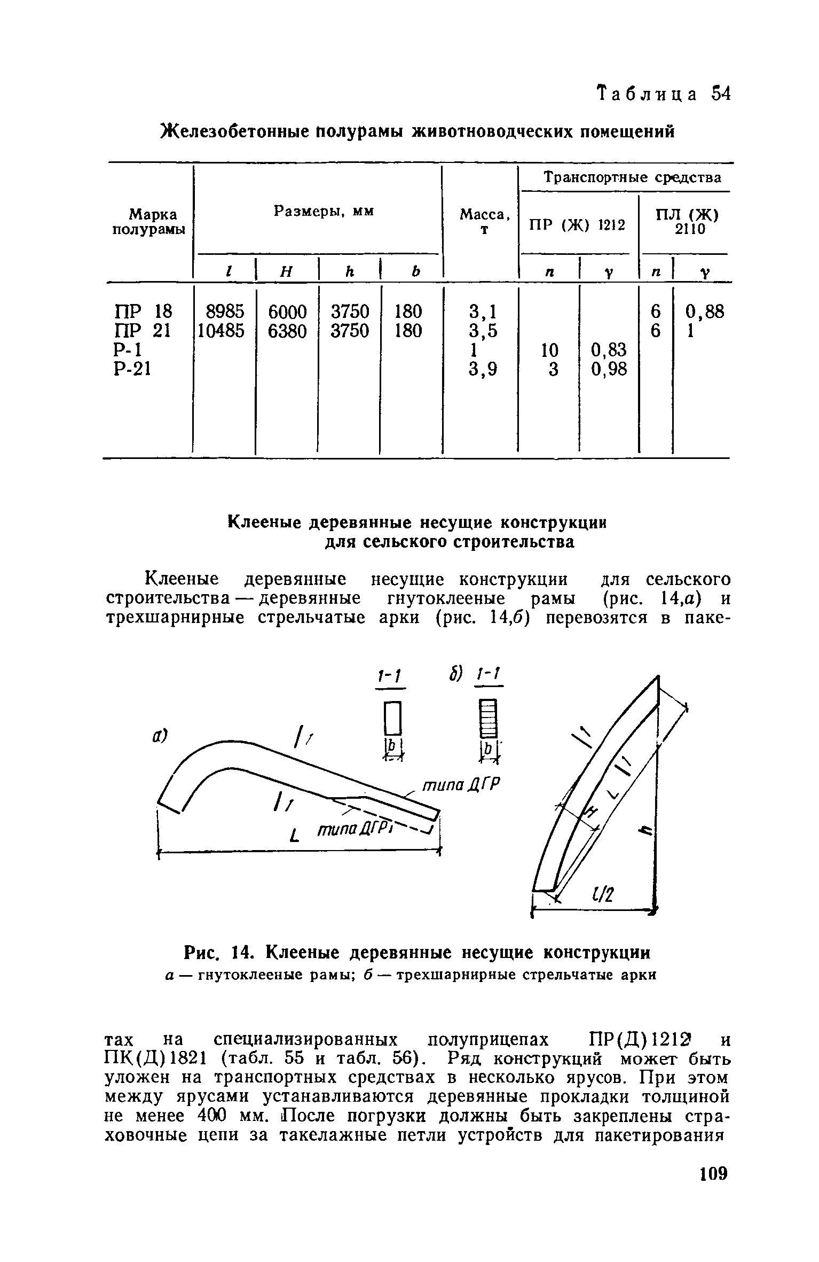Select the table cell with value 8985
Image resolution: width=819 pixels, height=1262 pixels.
click(221, 311)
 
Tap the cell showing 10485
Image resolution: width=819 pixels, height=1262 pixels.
click(221, 332)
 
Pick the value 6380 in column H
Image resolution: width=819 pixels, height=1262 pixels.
click(287, 332)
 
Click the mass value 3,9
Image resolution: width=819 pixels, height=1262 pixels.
click(483, 369)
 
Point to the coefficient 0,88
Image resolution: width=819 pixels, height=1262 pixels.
click(705, 311)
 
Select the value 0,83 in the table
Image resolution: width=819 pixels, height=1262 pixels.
click(609, 350)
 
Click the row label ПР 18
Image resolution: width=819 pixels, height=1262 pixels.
click(144, 311)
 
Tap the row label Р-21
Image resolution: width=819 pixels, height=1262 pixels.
click(132, 369)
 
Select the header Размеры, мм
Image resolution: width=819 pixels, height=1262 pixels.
click(324, 212)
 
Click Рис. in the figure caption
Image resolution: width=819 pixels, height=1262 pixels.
click(202, 953)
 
